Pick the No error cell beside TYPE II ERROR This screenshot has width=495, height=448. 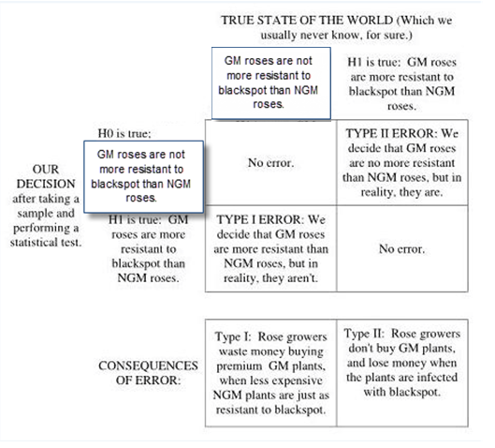click(270, 163)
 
